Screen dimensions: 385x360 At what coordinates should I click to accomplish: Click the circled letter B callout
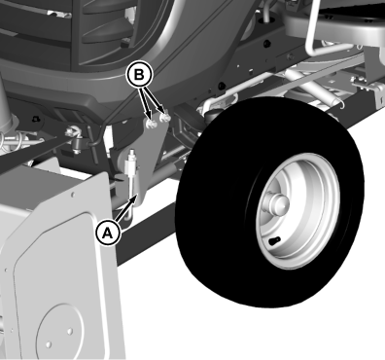(139, 75)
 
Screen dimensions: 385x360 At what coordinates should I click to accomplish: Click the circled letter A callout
(108, 233)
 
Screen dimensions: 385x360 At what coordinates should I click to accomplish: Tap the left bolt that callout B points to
(151, 124)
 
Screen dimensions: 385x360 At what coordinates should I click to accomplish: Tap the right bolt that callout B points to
(166, 118)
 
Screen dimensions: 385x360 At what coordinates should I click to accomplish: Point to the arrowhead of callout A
(136, 198)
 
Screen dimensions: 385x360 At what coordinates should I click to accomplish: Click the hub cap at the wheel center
(276, 202)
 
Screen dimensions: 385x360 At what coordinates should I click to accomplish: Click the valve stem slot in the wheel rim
(274, 240)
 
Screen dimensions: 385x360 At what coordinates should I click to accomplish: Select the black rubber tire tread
(269, 201)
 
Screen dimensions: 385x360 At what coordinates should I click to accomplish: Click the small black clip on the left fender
(36, 120)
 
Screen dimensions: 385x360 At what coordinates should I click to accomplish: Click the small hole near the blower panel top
(72, 195)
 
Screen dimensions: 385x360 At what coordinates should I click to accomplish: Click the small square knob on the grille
(124, 43)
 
